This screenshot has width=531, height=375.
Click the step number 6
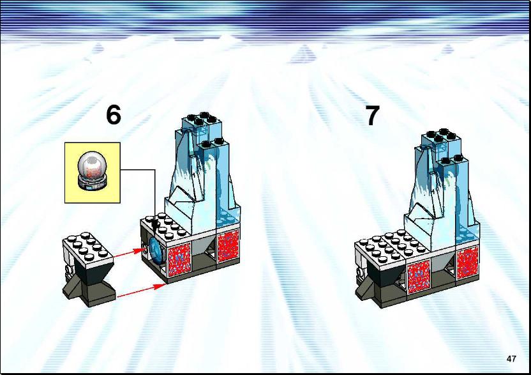(114, 114)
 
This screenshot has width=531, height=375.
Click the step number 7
(372, 115)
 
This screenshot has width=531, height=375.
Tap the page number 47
(511, 358)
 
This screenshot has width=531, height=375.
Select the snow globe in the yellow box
(92, 171)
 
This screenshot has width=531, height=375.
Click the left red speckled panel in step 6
(179, 258)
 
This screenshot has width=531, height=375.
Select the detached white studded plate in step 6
(87, 250)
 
